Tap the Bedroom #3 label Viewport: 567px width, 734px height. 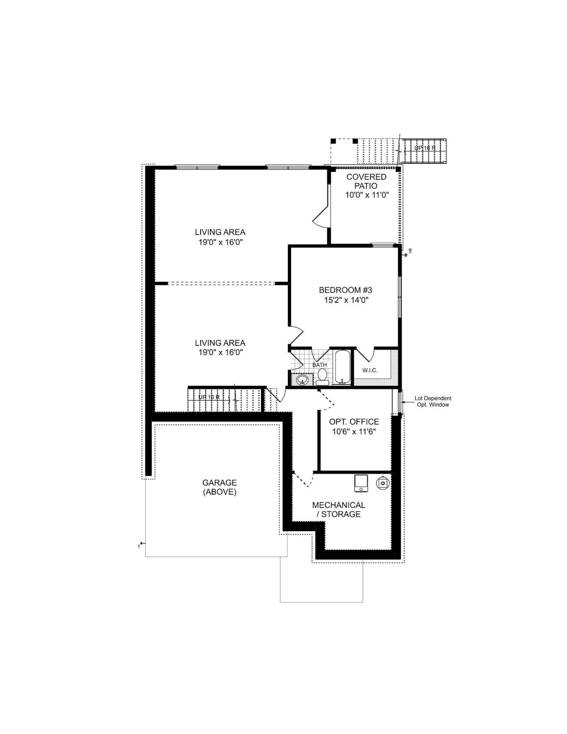click(x=345, y=290)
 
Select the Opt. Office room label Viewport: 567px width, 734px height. click(x=354, y=422)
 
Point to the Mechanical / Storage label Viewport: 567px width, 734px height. click(x=339, y=510)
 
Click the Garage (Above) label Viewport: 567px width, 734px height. click(x=219, y=487)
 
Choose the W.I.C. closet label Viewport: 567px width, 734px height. click(x=370, y=370)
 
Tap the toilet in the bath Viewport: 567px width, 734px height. click(x=322, y=377)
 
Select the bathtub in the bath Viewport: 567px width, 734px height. click(x=342, y=368)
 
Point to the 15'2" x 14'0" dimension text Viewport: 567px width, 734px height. click(x=346, y=300)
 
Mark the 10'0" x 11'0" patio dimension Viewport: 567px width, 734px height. click(x=367, y=195)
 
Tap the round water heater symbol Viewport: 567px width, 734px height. click(x=382, y=483)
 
